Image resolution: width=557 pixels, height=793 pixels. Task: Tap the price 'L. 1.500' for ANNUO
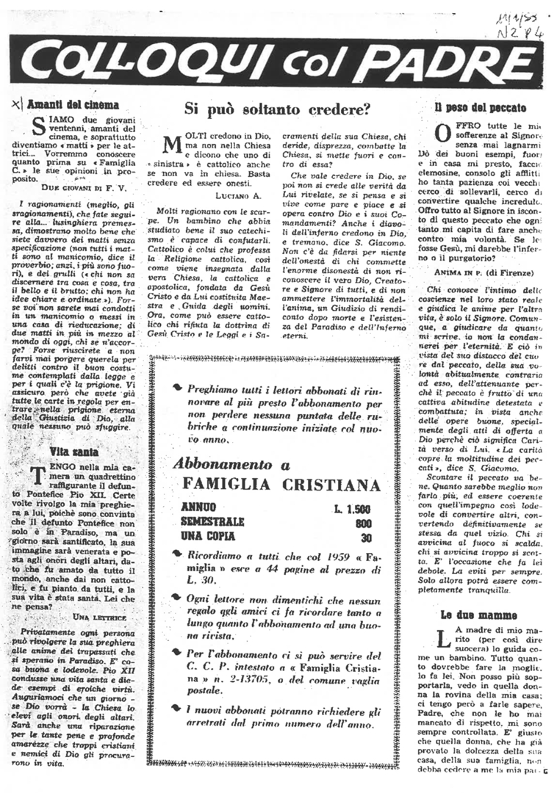349,510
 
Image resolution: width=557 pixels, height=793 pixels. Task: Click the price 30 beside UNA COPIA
362,537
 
